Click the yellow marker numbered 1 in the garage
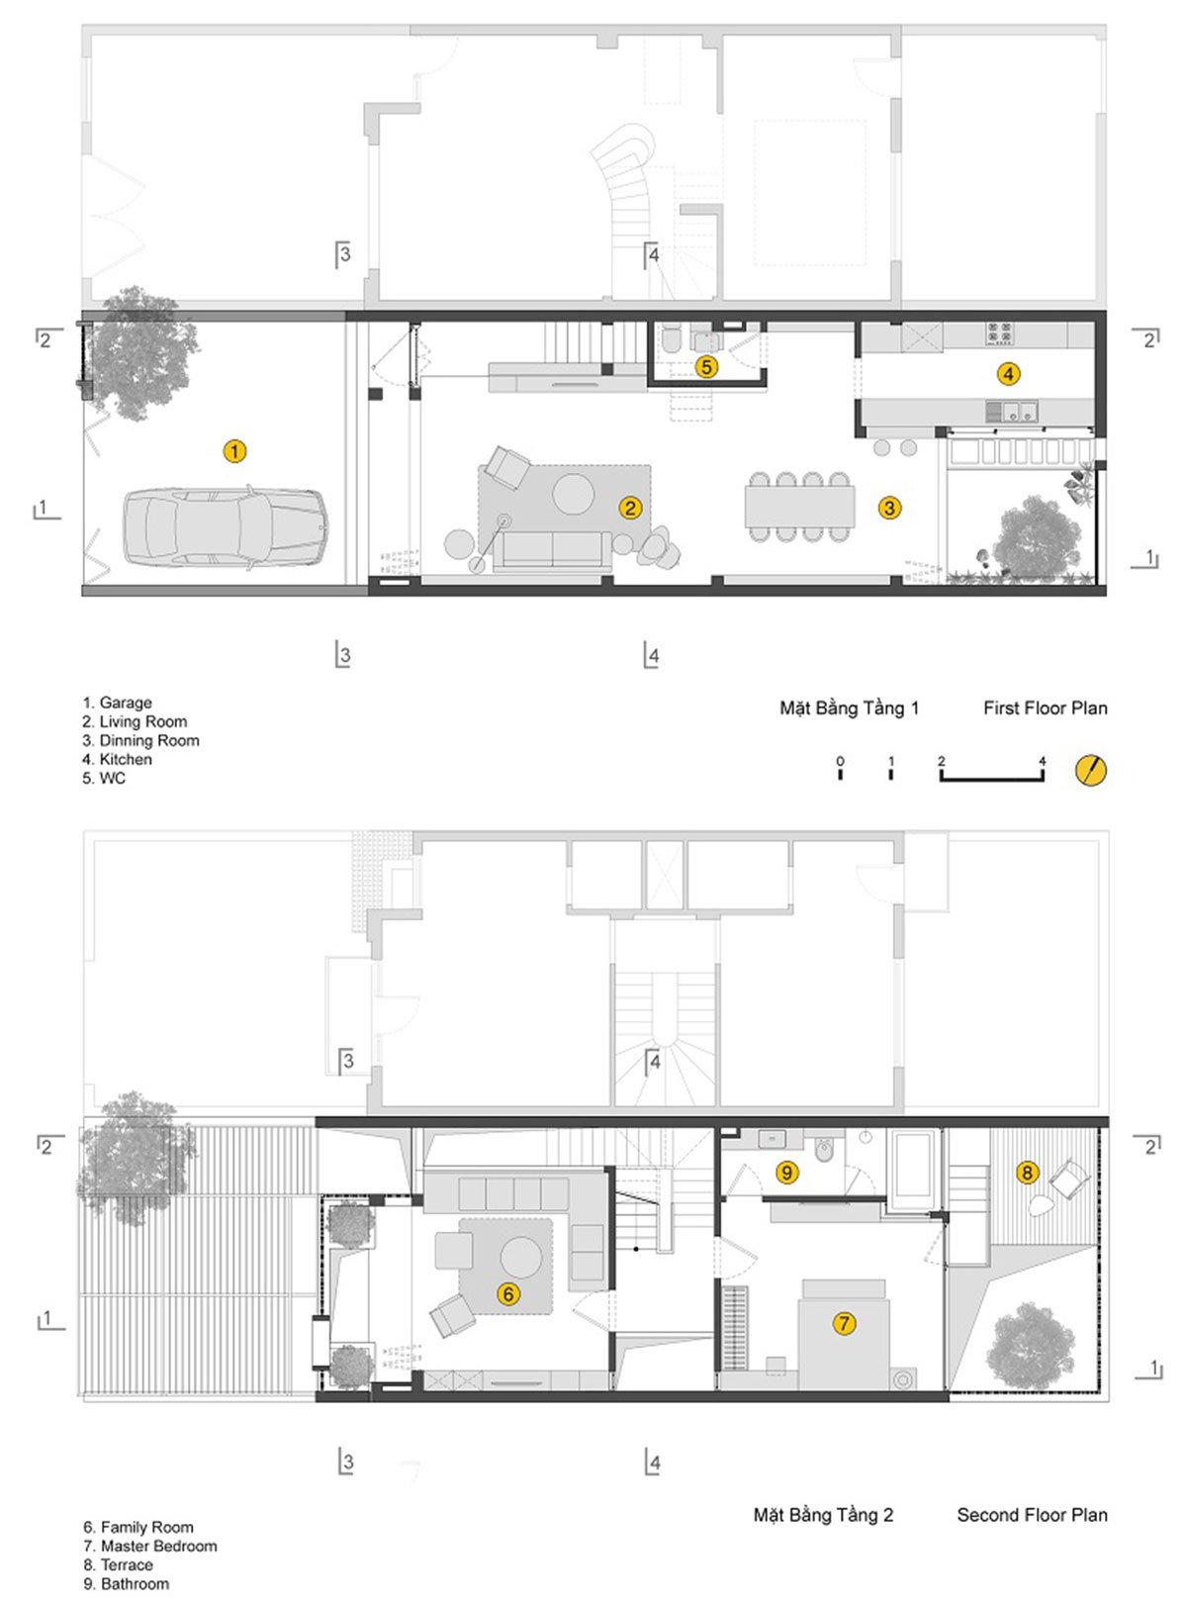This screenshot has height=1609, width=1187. tap(233, 451)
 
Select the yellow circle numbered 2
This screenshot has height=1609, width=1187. tap(630, 508)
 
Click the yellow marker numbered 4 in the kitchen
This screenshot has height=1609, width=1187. tap(1008, 374)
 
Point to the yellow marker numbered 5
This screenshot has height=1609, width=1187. tap(706, 366)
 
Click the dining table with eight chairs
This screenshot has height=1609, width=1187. tap(799, 507)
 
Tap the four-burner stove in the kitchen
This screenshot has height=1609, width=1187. tap(998, 334)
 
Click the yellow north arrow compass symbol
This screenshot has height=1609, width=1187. tap(1091, 770)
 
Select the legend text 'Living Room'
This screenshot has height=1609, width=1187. tap(142, 721)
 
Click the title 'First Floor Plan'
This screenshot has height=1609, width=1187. tap(1045, 708)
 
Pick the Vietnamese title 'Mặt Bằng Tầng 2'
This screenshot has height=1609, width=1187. tap(823, 1515)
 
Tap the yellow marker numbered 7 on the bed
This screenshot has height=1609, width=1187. tap(844, 1323)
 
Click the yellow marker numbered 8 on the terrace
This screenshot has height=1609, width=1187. tap(1028, 1173)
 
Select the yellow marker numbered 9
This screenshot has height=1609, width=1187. tap(786, 1173)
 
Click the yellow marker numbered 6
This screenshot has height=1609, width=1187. tap(508, 1293)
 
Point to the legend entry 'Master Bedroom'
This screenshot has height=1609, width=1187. tap(158, 1546)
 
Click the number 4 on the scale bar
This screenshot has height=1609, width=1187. tap(1043, 761)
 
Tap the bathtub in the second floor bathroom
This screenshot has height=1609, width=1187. tap(913, 1170)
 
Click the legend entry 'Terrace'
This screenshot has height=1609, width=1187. tap(126, 1564)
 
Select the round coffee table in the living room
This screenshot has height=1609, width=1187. tap(573, 493)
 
